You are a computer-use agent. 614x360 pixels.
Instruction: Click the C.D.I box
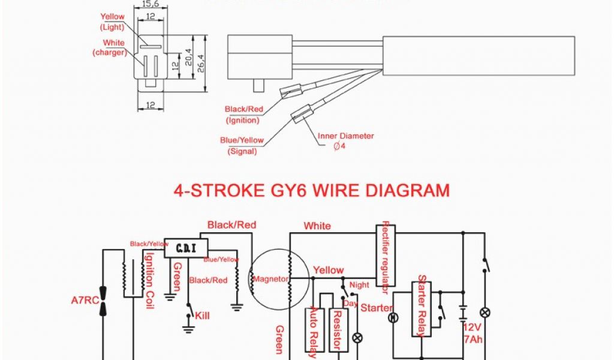[x=186, y=247]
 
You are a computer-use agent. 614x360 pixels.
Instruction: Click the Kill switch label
[x=203, y=314]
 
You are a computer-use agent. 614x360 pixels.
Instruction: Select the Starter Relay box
[x=423, y=306]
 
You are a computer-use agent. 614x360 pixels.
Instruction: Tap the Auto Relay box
[x=313, y=330]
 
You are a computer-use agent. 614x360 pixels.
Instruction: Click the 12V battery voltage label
[x=472, y=328]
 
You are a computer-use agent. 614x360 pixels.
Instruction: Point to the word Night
[x=360, y=285]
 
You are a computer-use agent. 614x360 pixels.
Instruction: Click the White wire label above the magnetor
[x=317, y=226]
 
